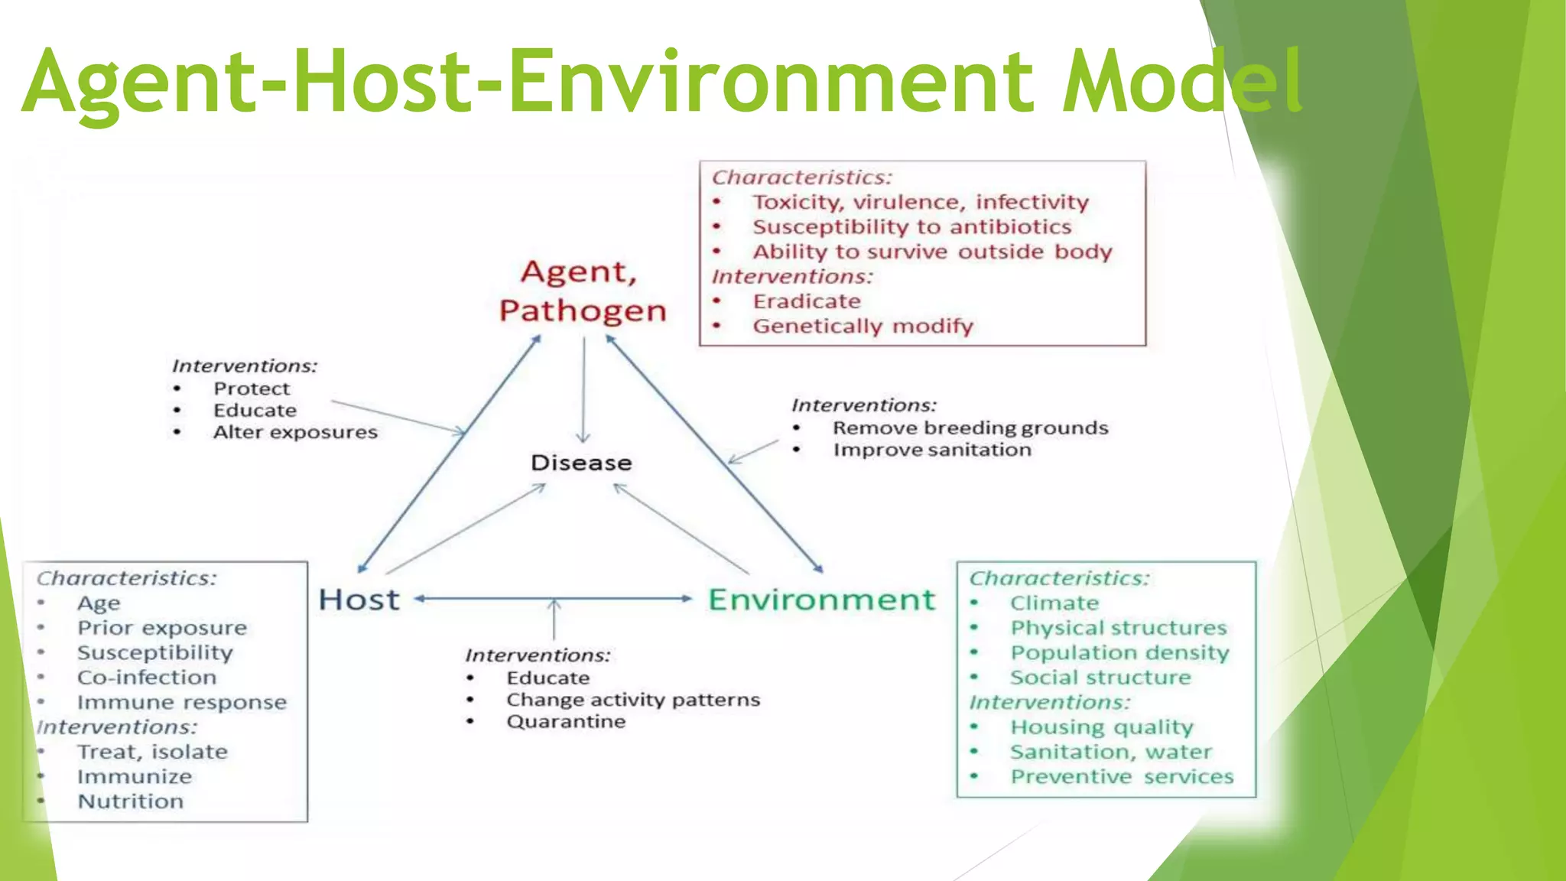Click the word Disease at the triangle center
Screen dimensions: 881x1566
click(581, 463)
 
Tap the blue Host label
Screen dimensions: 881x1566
click(359, 600)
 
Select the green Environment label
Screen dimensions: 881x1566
click(821, 600)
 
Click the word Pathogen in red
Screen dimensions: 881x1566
click(583, 311)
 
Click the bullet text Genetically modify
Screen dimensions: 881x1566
click(863, 327)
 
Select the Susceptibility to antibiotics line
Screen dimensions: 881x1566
click(911, 227)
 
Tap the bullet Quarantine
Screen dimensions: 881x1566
click(566, 722)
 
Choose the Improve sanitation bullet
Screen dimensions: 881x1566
click(931, 450)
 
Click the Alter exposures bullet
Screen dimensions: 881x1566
click(295, 433)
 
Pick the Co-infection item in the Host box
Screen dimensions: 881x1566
click(147, 678)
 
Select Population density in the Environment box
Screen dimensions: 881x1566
click(1119, 653)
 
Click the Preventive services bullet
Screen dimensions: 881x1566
click(1122, 777)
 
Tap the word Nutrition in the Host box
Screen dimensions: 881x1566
click(131, 801)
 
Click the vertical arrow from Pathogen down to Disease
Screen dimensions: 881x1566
click(584, 390)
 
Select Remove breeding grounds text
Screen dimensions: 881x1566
click(970, 428)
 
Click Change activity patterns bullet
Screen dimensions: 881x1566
click(633, 700)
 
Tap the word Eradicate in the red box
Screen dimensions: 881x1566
click(807, 301)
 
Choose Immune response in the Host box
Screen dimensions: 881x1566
click(182, 702)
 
